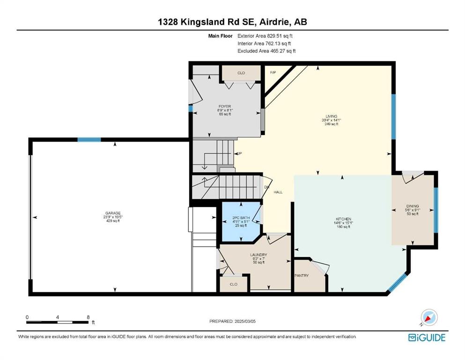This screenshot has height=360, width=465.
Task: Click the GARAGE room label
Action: tap(113, 213)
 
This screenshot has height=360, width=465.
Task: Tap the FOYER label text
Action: tap(225, 106)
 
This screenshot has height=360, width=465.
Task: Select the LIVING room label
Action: tap(332, 116)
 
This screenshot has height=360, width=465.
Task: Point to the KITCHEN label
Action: tap(344, 219)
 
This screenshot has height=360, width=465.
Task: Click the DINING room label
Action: tap(413, 206)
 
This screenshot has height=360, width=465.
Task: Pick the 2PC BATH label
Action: tap(241, 218)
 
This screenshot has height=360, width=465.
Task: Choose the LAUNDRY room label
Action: tap(258, 255)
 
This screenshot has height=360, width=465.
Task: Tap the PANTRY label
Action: tap(302, 276)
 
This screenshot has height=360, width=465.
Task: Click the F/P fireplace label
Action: tap(273, 72)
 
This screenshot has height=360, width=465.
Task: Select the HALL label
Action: tap(278, 192)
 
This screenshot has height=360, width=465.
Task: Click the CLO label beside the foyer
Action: tap(241, 73)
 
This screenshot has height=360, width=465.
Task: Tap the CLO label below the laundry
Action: tap(233, 285)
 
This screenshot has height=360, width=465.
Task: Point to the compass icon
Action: tap(429, 317)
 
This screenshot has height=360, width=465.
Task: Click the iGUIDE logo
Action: tap(427, 338)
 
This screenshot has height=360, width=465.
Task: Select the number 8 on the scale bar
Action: tap(88, 317)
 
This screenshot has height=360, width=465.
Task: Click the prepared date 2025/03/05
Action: tap(245, 321)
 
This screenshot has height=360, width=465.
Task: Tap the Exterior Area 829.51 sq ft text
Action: tap(265, 36)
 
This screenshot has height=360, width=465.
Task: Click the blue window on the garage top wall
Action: tap(89, 140)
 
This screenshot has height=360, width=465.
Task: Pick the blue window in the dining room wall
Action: tap(436, 210)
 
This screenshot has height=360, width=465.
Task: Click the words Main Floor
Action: tap(221, 36)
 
